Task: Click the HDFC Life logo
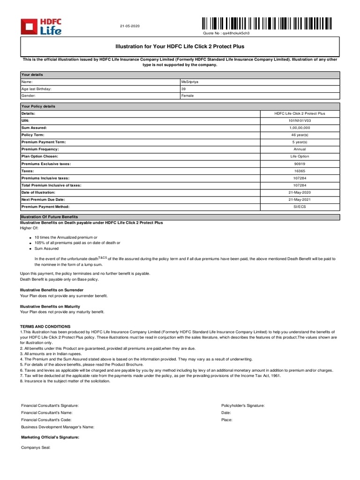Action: (x=41, y=27)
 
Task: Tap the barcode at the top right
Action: (x=267, y=23)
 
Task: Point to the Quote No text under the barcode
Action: (x=226, y=34)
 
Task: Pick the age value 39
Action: (x=183, y=89)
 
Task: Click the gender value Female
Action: (x=187, y=96)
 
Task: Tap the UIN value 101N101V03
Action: (x=299, y=120)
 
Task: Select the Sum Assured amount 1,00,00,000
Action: (x=299, y=127)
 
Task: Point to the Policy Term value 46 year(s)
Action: (x=299, y=135)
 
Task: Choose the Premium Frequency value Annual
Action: (x=299, y=149)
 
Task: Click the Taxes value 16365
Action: (x=299, y=171)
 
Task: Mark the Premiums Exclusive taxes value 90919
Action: (x=299, y=164)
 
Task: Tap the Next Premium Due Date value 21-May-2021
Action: (x=299, y=200)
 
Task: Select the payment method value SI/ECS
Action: (x=299, y=207)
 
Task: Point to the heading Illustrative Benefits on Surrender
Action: (x=52, y=290)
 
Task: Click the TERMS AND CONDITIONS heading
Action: (x=45, y=326)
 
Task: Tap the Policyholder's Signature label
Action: (x=243, y=405)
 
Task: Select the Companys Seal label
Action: (x=36, y=448)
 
